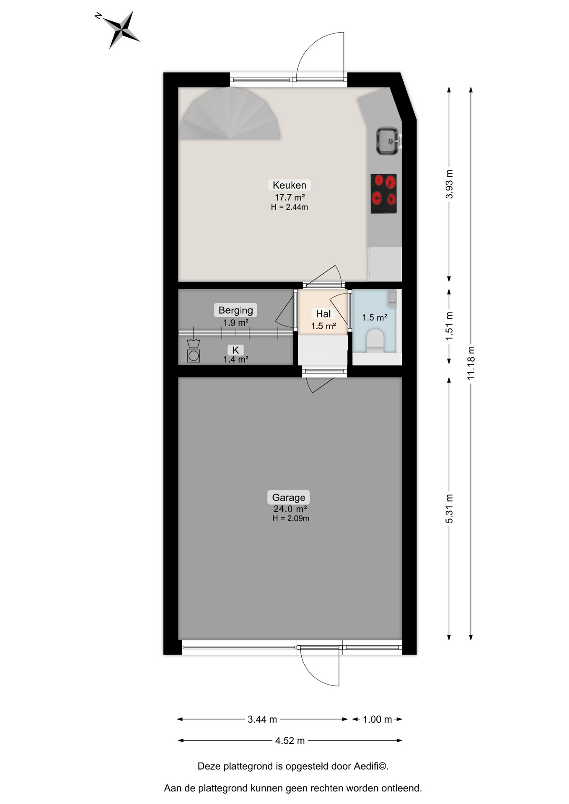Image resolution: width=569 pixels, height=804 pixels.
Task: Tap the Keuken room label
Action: point(289,185)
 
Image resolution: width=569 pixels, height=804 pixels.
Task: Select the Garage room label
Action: point(289,497)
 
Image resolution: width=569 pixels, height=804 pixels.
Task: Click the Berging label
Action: point(236,310)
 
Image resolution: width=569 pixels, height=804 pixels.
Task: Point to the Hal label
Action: point(323,314)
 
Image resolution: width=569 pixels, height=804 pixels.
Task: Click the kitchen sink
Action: point(388,141)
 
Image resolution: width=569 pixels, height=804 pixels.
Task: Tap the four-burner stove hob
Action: point(383,193)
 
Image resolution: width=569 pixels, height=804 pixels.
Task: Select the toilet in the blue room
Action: point(375,341)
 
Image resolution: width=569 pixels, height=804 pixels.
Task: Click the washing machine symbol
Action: point(194,356)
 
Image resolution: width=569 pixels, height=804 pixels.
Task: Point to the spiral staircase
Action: point(230,113)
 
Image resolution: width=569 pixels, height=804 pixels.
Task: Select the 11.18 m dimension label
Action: point(471,363)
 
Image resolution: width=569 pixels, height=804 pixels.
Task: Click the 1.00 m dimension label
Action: point(378,719)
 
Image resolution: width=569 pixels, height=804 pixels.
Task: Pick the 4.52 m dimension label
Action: point(290,741)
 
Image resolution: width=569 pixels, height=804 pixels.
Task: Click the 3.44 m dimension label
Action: point(262,719)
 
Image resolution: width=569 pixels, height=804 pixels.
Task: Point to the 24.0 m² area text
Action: point(290,509)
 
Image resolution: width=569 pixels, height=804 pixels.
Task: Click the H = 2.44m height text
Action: point(290,207)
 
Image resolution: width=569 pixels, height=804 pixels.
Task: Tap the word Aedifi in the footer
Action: point(366,766)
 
